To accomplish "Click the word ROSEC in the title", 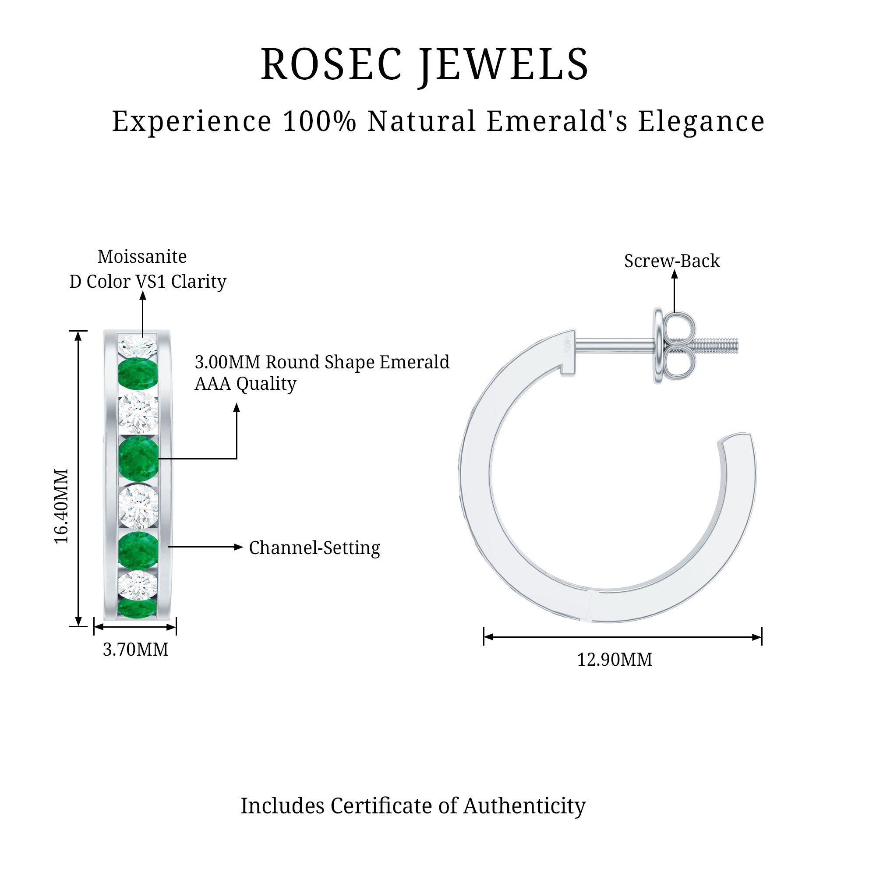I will [x=331, y=65].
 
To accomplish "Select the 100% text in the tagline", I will [x=319, y=121].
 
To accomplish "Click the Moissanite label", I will [x=142, y=257].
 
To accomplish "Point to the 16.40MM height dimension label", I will [x=61, y=506].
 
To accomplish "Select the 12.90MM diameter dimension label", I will [x=615, y=660].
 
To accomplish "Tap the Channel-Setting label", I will [x=314, y=548].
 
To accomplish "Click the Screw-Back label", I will [x=671, y=261].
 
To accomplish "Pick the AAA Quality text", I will [x=245, y=384].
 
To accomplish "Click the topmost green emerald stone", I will [x=138, y=374].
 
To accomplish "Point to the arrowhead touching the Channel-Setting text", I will [x=239, y=547].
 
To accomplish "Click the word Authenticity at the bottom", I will [x=524, y=806].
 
